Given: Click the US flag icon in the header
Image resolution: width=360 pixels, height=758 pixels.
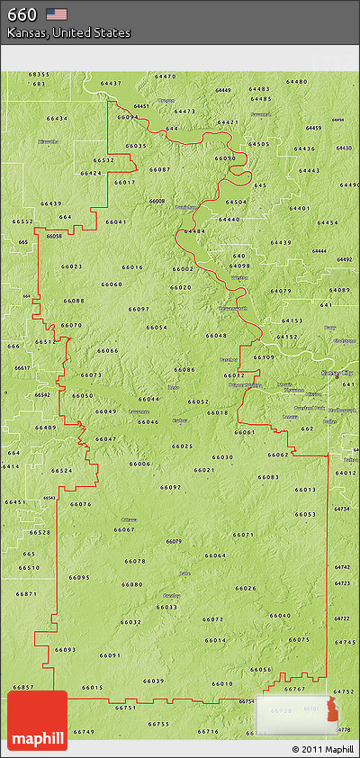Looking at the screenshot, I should click(x=57, y=14).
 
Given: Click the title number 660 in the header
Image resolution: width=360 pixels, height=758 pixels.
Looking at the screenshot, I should click(x=22, y=14).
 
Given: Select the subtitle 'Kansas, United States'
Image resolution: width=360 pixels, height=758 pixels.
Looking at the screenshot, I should click(x=68, y=32).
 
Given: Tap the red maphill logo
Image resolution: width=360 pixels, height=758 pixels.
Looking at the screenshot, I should click(x=37, y=720).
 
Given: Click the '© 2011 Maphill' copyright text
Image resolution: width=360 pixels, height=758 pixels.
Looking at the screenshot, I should click(x=322, y=749).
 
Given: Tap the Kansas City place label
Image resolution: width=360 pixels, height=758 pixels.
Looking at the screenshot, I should click(x=338, y=372).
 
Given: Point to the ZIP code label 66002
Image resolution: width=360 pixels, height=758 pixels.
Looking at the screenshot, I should click(x=183, y=268).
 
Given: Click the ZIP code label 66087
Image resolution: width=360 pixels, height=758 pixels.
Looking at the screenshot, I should click(x=159, y=169).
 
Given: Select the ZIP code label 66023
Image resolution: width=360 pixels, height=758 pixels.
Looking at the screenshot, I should click(x=71, y=266).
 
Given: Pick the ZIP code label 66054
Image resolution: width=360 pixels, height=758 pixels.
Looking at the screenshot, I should click(x=157, y=327).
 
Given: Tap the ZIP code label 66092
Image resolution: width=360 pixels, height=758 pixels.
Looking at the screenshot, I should click(x=171, y=487).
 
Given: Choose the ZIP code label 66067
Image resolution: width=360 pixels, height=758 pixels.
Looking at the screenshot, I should click(x=124, y=529).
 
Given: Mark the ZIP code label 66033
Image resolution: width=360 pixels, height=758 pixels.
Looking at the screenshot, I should click(x=166, y=607).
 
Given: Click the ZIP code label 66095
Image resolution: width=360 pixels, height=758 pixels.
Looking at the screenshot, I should click(x=79, y=577).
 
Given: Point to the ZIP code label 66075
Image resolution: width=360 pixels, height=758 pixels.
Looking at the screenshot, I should click(x=299, y=639).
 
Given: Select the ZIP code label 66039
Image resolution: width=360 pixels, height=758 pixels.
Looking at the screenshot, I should click(x=153, y=681).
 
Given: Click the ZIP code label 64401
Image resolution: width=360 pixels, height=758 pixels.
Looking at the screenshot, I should click(x=299, y=209).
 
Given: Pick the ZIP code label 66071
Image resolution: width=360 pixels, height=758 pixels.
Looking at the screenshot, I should click(x=242, y=535).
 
